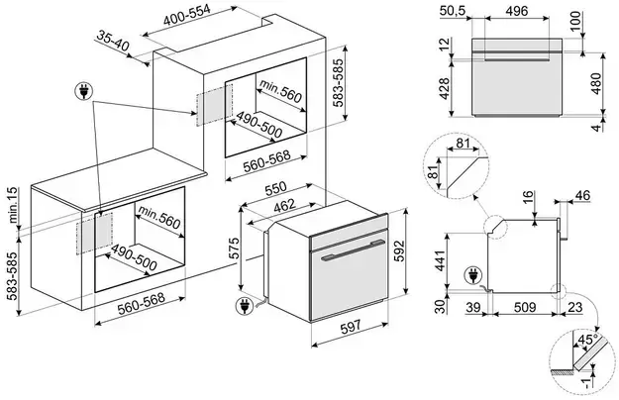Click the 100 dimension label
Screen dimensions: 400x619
pos(602,21)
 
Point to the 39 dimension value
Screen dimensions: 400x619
pos(473,308)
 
